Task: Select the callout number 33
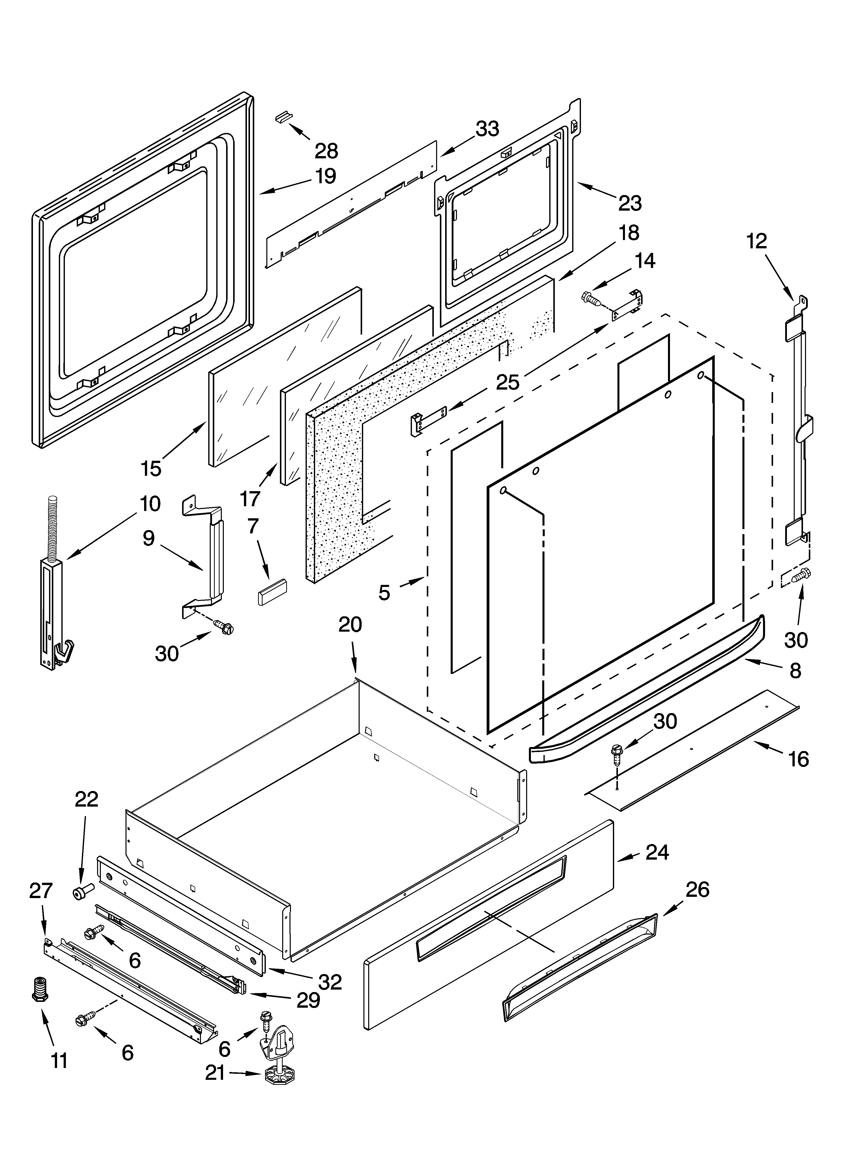click(487, 129)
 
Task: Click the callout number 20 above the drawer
click(350, 625)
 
